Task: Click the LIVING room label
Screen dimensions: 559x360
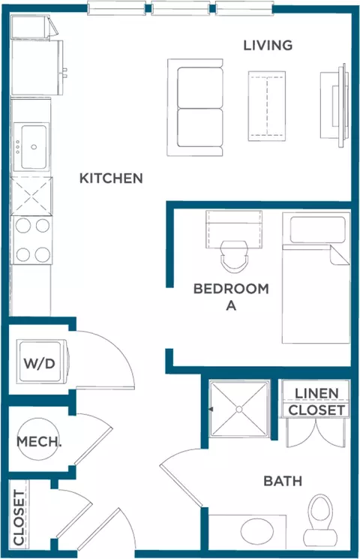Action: (x=268, y=45)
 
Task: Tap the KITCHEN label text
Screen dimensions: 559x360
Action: (x=111, y=179)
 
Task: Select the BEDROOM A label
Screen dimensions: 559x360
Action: (x=231, y=296)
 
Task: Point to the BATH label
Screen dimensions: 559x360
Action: (x=283, y=481)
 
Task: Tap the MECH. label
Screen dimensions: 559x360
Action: (x=39, y=441)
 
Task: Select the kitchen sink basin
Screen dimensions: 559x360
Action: (x=33, y=147)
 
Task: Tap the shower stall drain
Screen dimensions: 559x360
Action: (x=238, y=410)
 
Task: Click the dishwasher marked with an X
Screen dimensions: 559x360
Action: (x=31, y=196)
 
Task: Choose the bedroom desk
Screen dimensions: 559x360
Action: (x=234, y=225)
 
